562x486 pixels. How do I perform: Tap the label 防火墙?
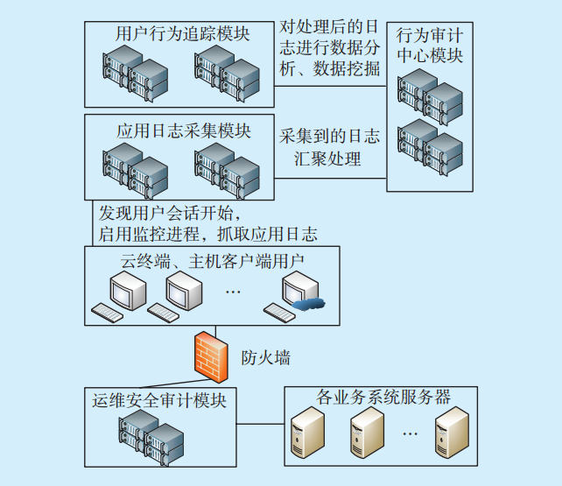(x=266, y=357)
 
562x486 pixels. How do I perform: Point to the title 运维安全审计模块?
(x=159, y=402)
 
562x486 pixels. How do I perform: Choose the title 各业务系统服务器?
(x=381, y=398)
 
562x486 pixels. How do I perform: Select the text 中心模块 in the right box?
(x=430, y=56)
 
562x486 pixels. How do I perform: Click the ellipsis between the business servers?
(x=409, y=432)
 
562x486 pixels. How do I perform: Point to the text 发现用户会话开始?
(x=165, y=213)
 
